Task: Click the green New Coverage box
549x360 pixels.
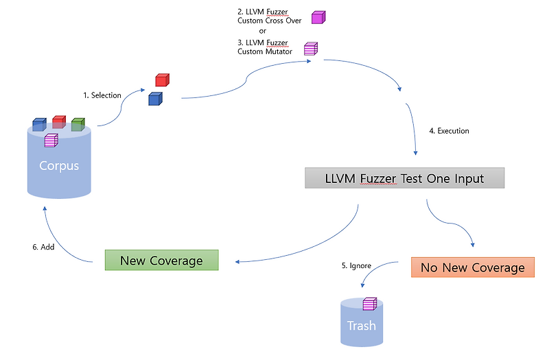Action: [x=161, y=261]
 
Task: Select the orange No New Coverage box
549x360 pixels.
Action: [x=472, y=267]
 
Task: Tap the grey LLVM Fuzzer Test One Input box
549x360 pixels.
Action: [x=404, y=179]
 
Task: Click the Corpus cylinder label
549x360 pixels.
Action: [x=58, y=166]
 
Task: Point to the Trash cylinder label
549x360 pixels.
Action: [x=361, y=325]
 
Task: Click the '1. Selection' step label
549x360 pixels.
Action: [x=102, y=95]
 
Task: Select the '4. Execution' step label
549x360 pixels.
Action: [x=449, y=130]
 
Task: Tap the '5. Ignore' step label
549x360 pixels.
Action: [x=356, y=265]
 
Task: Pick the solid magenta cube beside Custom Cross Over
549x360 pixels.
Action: [x=318, y=17]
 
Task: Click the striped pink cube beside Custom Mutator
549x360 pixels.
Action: [x=311, y=49]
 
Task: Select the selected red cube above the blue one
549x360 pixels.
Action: [x=161, y=80]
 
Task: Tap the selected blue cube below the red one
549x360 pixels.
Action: [x=155, y=99]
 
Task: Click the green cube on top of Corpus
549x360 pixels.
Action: [x=78, y=124]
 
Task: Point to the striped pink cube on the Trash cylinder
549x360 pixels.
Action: [x=369, y=303]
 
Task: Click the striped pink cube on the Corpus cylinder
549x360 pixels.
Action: [x=51, y=140]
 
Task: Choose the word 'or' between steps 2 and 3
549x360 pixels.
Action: [x=262, y=31]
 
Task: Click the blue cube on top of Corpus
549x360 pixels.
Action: [x=39, y=124]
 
